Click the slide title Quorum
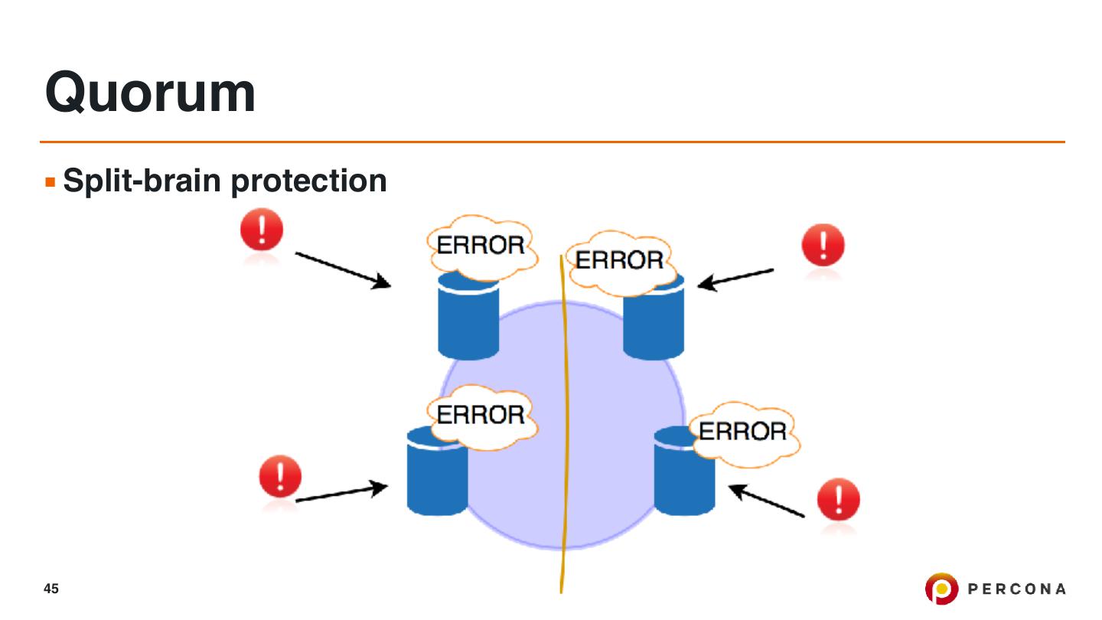point(150,93)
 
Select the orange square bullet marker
point(51,183)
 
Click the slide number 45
point(51,589)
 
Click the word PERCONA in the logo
point(1017,589)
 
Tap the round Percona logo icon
point(941,589)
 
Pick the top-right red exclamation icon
point(823,246)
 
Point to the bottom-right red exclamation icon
point(839,501)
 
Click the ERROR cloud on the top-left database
point(480,246)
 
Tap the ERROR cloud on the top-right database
point(620,262)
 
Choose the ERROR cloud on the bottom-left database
point(481,416)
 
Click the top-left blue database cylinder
point(468,325)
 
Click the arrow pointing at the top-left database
point(344,270)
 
